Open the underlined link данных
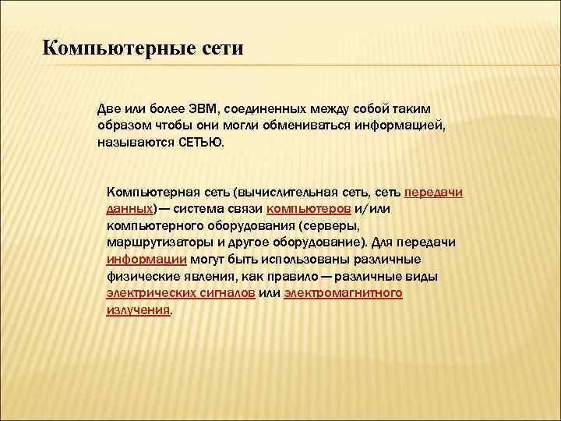[x=129, y=210]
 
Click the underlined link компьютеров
[x=309, y=210]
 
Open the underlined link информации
[x=146, y=260]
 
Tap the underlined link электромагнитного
[x=343, y=294]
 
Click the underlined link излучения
[x=137, y=311]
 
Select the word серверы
[x=324, y=226]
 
